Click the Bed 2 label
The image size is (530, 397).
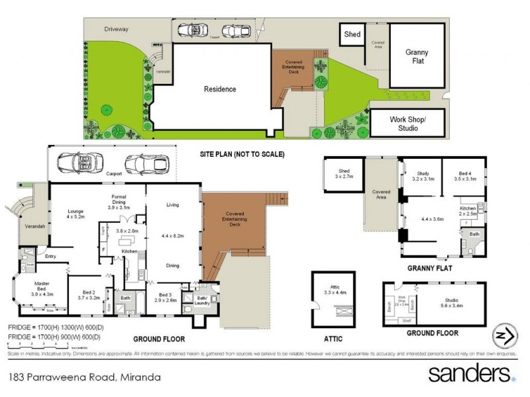pos(89,294)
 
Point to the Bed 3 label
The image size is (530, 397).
pos(165,297)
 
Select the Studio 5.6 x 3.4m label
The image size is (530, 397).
pos(451,303)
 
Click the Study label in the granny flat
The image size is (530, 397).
pos(422,176)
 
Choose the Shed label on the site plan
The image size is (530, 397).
pos(352,34)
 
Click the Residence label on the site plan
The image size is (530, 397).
pos(219,89)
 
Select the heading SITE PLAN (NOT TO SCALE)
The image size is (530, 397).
pos(242,155)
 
